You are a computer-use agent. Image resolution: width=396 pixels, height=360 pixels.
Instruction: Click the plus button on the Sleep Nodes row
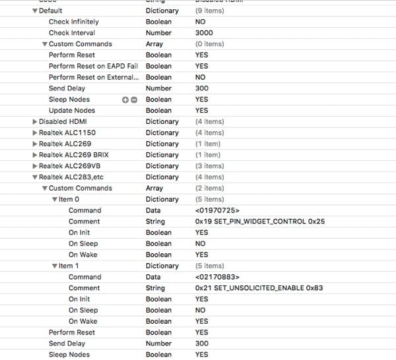point(125,100)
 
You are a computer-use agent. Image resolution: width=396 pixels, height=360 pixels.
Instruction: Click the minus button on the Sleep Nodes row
point(134,100)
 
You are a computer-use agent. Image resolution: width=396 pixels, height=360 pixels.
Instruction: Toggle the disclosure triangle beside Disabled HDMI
point(35,121)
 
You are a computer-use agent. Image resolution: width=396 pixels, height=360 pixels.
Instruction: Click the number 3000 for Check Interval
point(204,33)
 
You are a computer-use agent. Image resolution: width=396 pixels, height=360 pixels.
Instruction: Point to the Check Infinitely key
point(73,22)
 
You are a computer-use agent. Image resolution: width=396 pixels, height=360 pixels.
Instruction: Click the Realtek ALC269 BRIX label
point(73,155)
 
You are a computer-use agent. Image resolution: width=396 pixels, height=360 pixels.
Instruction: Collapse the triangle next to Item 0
point(55,199)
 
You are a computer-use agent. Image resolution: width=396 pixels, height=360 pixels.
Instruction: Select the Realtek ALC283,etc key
point(71,177)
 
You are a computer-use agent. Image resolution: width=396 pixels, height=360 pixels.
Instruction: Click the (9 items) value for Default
point(209,11)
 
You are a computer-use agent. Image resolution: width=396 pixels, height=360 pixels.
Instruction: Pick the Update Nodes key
point(72,111)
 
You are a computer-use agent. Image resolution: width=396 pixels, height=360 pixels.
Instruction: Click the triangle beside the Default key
point(35,11)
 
